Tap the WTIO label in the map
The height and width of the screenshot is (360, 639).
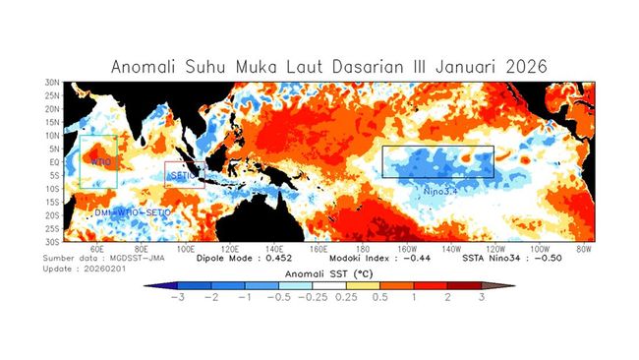pos(100,161)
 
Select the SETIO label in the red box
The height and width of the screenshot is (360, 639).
pos(185,176)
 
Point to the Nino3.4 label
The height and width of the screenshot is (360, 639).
pos(442,187)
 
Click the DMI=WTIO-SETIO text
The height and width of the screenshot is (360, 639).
pos(132,212)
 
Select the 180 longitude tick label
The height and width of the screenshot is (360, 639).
pos(362,250)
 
